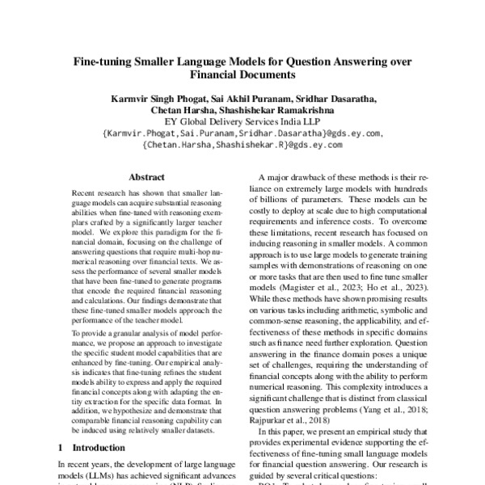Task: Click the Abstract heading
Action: point(147,177)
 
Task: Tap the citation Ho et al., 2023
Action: point(391,285)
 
